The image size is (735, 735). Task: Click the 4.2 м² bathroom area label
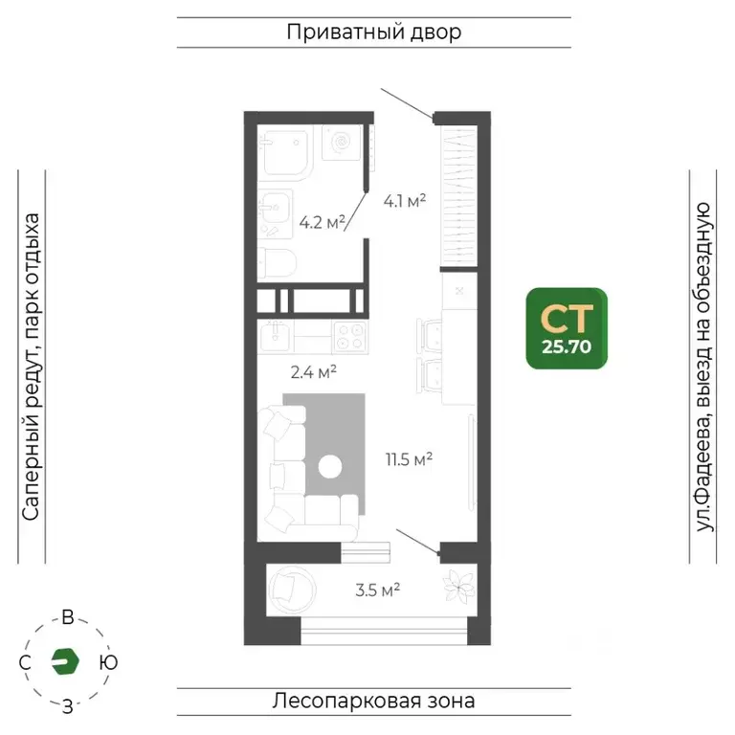[x=322, y=222]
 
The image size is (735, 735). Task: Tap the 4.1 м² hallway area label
[x=404, y=201]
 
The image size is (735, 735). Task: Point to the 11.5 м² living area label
[x=410, y=459]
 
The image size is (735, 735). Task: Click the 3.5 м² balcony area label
[x=377, y=590]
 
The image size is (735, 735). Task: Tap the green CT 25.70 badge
[x=566, y=328]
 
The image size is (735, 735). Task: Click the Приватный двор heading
[x=373, y=32]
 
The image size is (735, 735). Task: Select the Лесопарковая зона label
[x=373, y=701]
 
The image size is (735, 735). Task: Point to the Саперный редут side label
[x=32, y=367]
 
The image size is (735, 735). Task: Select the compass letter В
[x=67, y=617]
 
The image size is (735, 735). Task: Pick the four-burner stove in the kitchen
[x=348, y=336]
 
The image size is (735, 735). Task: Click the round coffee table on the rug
[x=330, y=467]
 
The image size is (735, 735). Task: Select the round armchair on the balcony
[x=290, y=586]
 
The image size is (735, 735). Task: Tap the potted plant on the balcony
[x=457, y=586]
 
